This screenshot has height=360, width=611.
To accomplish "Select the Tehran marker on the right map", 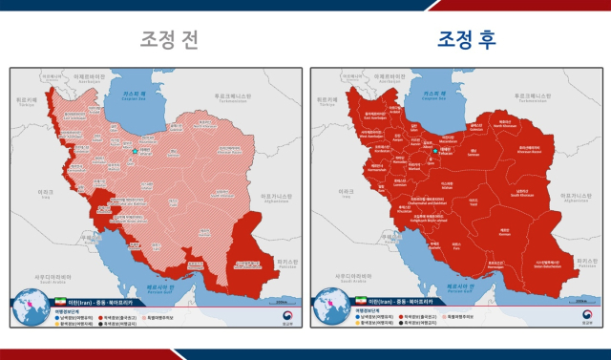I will pos(434,151).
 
